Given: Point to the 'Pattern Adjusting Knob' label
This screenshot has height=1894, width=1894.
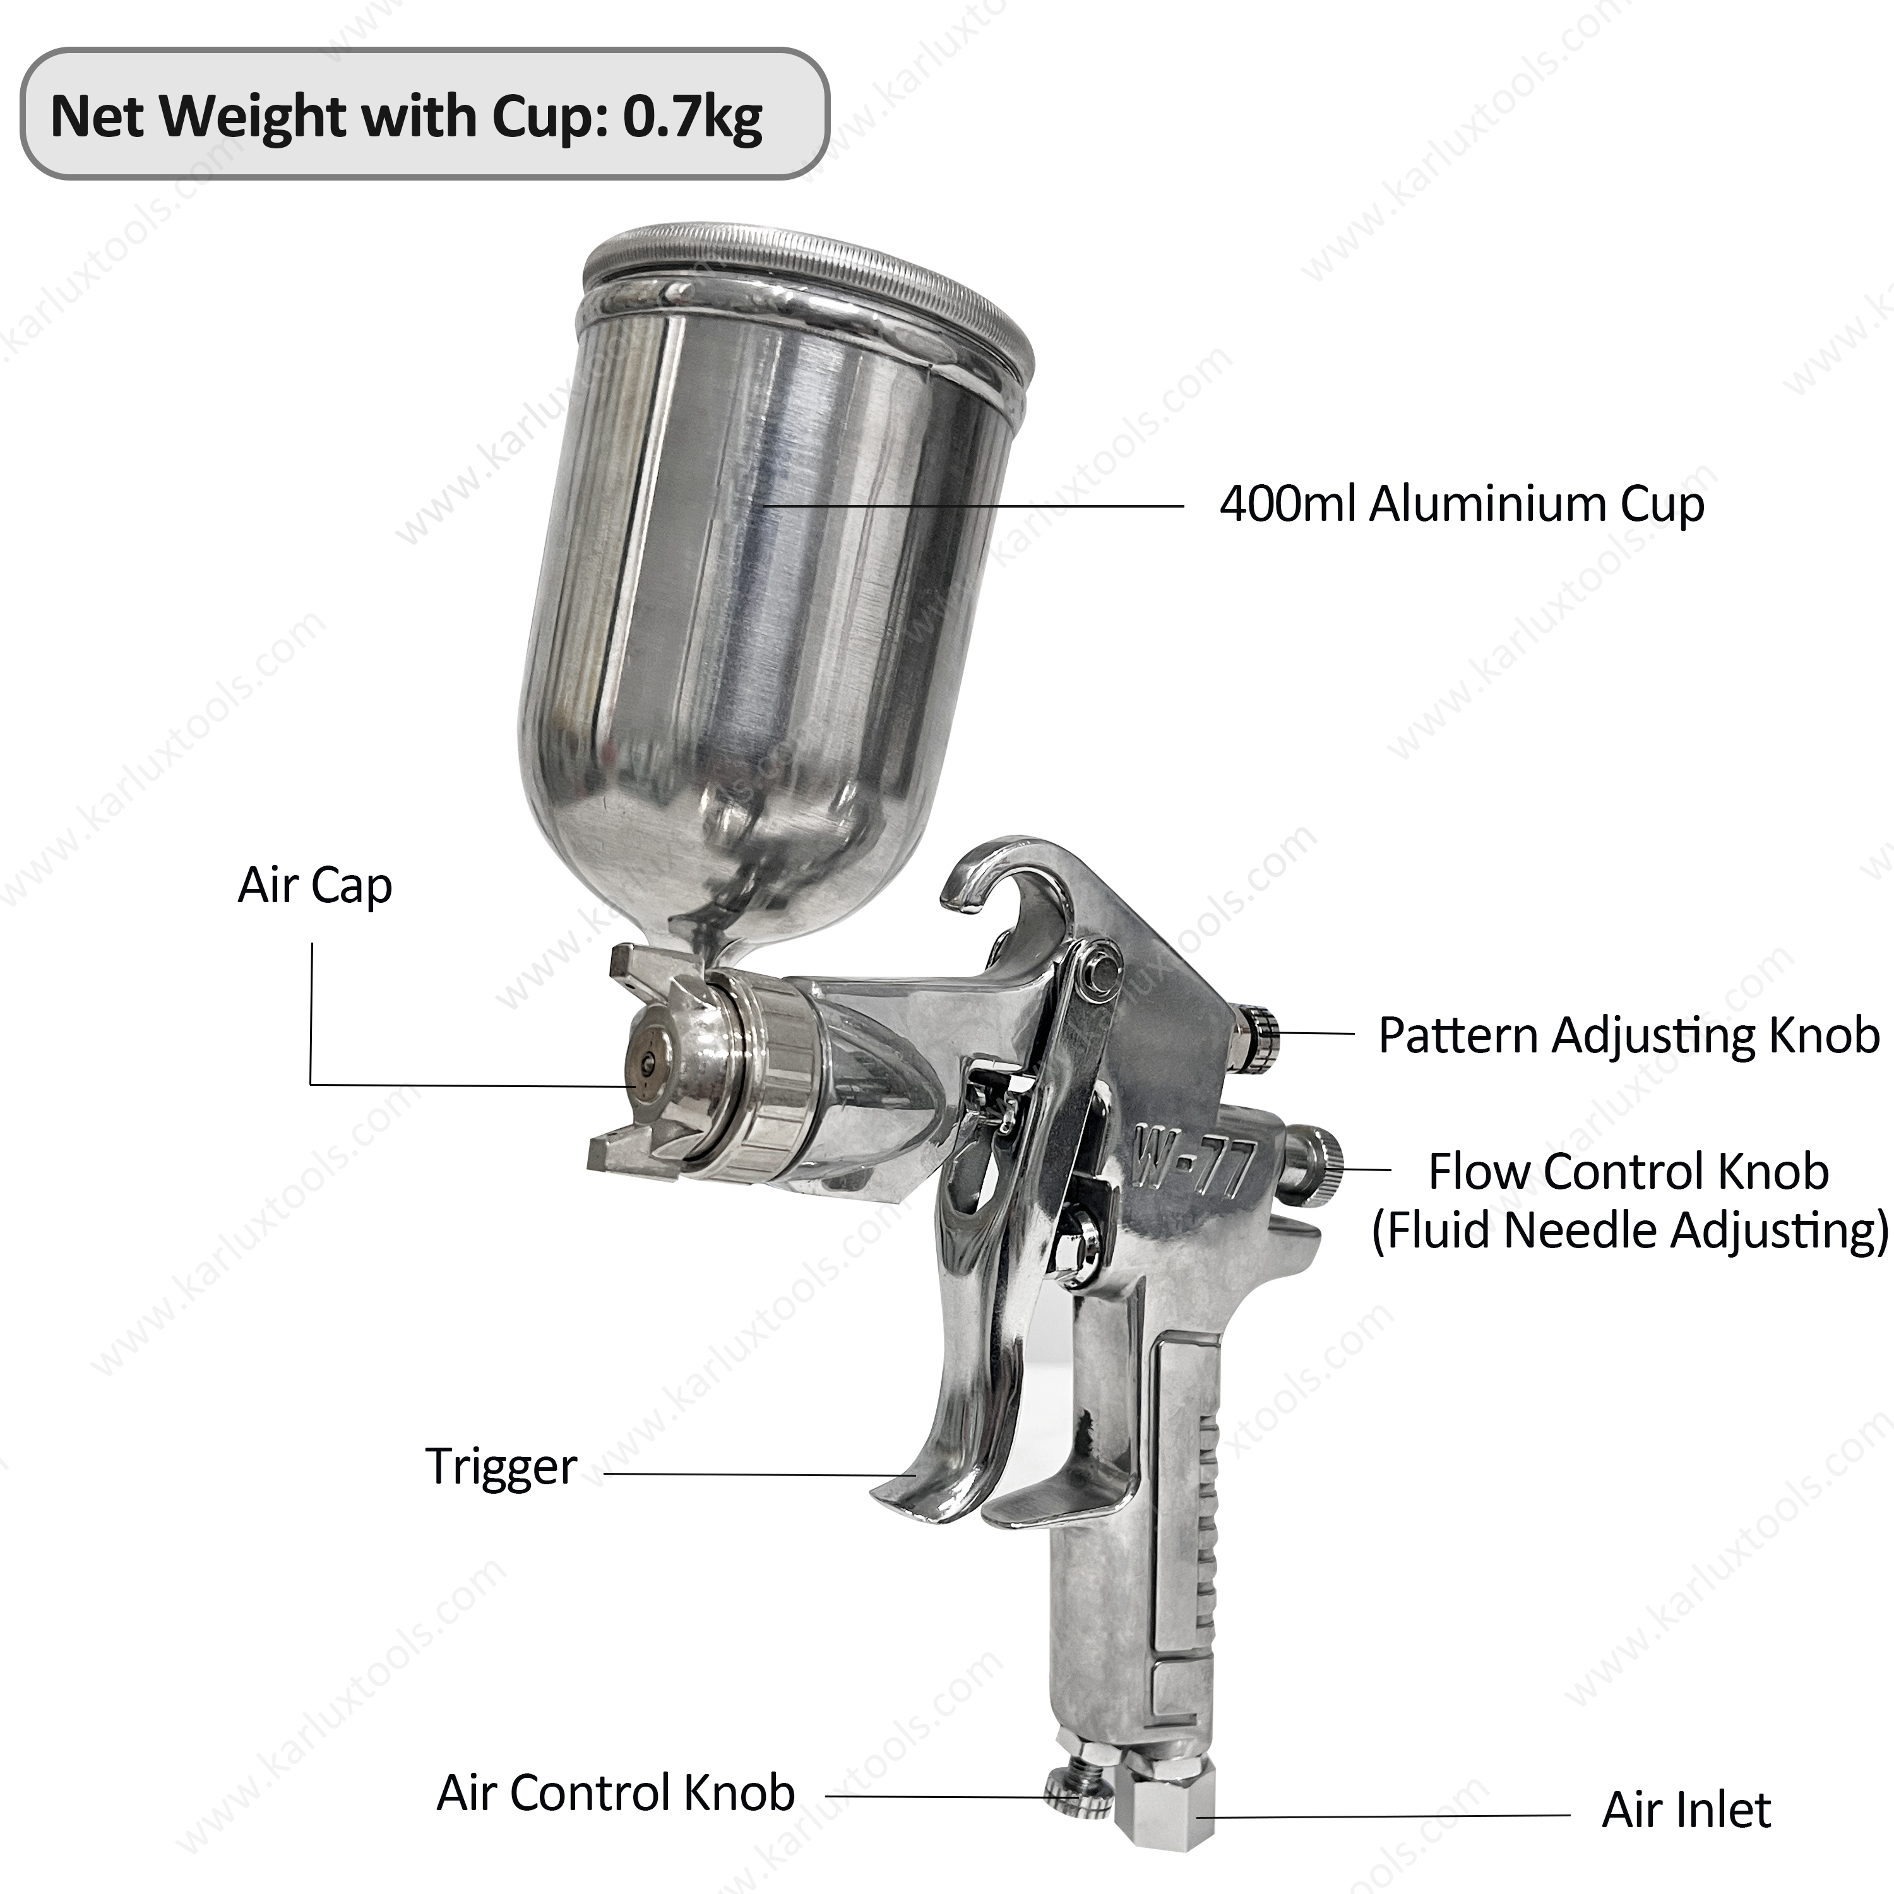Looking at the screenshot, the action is point(1628,1035).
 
